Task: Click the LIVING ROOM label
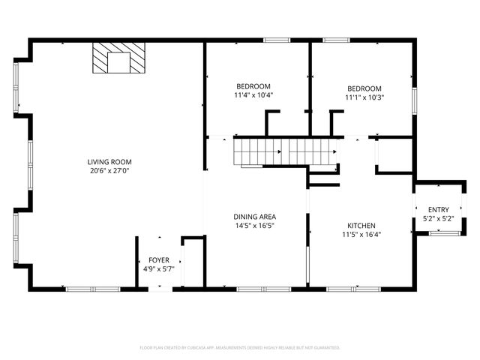tap(109, 161)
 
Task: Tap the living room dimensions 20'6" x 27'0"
tap(109, 170)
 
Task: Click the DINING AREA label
tap(254, 216)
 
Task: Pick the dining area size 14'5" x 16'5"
tap(254, 225)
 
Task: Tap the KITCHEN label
tap(361, 225)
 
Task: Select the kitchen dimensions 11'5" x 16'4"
tap(361, 234)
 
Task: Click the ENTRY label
tap(439, 209)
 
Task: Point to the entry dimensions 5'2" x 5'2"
tap(439, 218)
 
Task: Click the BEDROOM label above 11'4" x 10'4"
tap(253, 86)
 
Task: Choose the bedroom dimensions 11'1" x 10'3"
tap(364, 97)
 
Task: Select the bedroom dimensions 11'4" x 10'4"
tap(253, 95)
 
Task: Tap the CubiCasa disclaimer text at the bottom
tap(240, 347)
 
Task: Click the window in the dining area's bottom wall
tap(264, 289)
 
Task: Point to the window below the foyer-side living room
tap(92, 289)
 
